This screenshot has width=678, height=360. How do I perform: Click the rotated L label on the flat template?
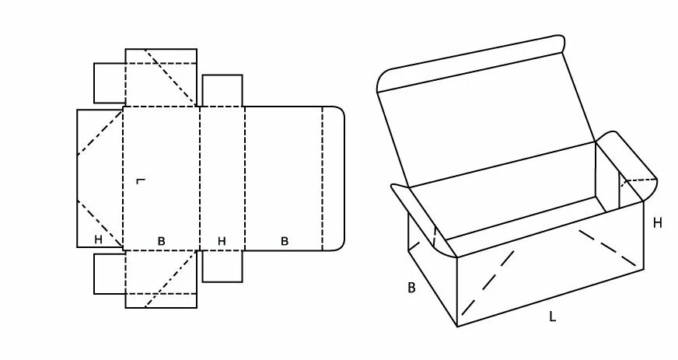pos(140,182)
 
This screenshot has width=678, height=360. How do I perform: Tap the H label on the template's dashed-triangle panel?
pos(99,239)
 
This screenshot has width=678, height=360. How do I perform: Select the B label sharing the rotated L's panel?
pos(162,241)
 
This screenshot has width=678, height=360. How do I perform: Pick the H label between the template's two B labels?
pos(222,241)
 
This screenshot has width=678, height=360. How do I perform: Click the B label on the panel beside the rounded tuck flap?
pos(285,241)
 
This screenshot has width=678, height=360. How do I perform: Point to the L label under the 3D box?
pos(552,316)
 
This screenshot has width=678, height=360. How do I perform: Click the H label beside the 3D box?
pos(657,223)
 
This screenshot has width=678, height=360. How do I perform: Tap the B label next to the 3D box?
pos(411,288)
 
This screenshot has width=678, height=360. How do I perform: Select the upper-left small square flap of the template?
pos(110,82)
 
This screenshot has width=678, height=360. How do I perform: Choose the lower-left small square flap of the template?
pos(110,273)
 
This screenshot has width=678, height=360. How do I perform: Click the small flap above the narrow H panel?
pos(222,90)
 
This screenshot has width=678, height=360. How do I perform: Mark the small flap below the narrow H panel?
pos(222,266)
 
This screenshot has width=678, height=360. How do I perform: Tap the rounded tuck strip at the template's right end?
pos(334,178)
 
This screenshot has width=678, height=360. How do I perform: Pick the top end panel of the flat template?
pos(161,77)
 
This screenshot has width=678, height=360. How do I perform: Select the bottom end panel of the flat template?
pos(161,279)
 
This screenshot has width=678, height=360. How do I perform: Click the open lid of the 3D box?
pos(486,124)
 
